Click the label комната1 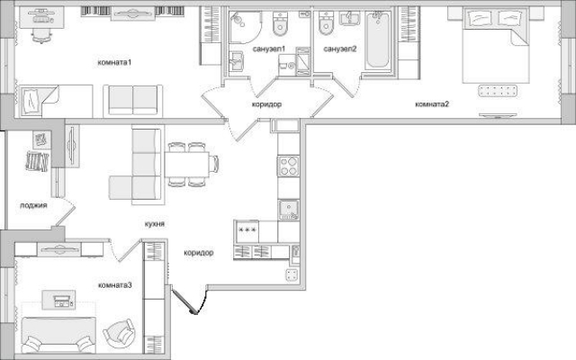pos(114,62)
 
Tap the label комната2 pos(432,104)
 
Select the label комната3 pos(115,285)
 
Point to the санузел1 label pos(269,49)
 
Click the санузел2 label pos(340,49)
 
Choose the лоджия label pos(33,205)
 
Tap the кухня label pos(154,224)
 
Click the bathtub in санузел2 pos(377,40)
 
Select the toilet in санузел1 pos(281,24)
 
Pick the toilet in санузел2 pos(326,22)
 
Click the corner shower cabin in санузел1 pos(245,27)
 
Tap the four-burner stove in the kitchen pos(288,166)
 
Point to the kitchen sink pos(288,210)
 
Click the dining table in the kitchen pos(186,164)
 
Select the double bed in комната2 pos(495,46)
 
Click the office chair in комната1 pos(42,35)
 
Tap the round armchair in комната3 pos(119,332)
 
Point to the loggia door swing pos(66,212)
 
